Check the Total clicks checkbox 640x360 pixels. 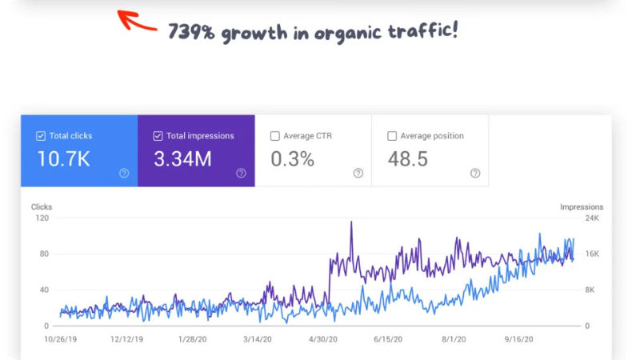[41, 136]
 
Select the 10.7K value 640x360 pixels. [64, 159]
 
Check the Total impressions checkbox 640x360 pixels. [158, 136]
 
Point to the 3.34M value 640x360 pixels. [182, 159]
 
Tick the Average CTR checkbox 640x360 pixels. [275, 136]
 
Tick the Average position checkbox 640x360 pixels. [392, 136]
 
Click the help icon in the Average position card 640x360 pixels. [475, 173]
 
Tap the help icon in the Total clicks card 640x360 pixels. [124, 173]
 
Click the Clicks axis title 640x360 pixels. [42, 207]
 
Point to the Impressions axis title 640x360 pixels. [582, 207]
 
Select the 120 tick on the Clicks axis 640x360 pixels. [42, 218]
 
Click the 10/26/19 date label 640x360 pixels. [61, 339]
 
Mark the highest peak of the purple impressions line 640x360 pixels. [351, 222]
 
